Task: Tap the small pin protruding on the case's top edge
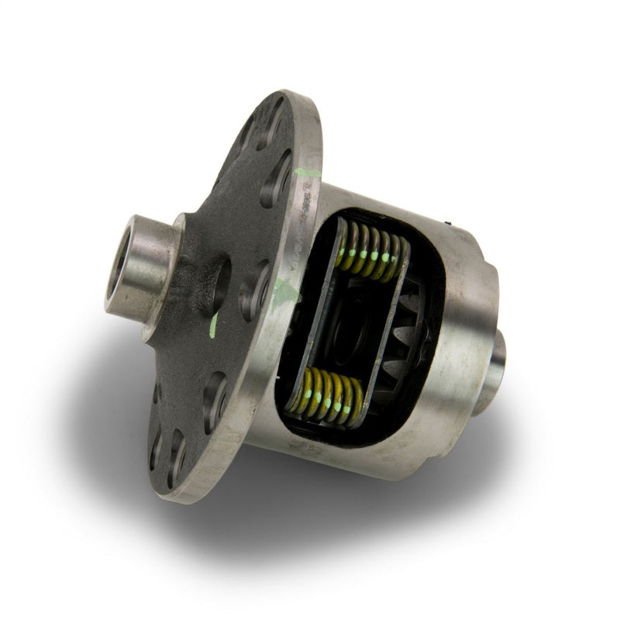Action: (x=449, y=224)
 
